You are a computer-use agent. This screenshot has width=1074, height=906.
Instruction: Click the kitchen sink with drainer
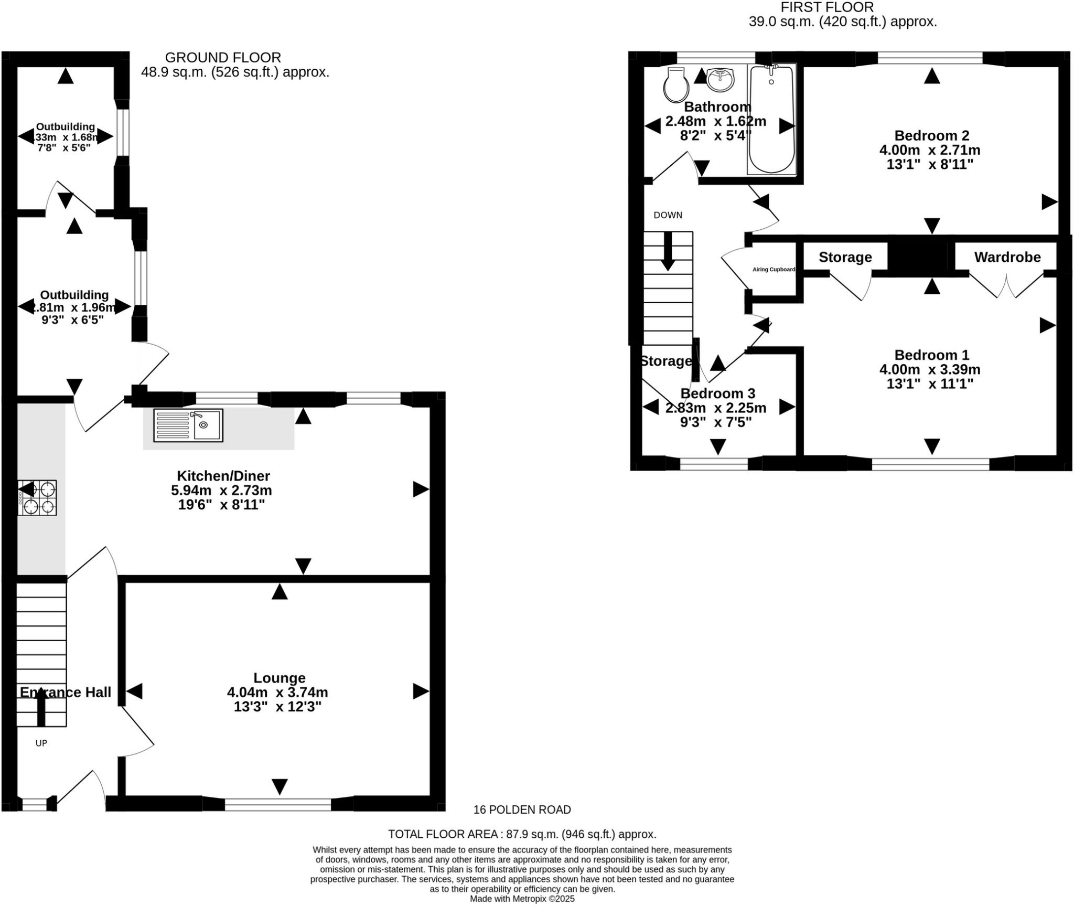pos(188,424)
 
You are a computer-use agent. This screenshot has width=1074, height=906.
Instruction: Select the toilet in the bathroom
pos(675,85)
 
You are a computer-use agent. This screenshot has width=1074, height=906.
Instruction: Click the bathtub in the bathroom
pos(771,119)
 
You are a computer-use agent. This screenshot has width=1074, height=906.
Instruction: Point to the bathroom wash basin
pos(721,79)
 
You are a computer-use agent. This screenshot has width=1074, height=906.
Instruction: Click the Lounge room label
pos(279,678)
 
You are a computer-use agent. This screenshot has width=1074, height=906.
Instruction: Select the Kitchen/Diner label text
pos(223,476)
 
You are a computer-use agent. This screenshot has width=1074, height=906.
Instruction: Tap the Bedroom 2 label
pos(931,136)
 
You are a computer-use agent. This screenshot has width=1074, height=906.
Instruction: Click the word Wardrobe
pos(1007,257)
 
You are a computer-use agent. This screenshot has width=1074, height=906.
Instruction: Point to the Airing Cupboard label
pos(774,270)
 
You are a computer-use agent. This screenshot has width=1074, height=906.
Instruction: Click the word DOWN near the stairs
pos(668,215)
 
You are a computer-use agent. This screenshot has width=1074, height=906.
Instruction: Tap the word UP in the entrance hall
pos(41,743)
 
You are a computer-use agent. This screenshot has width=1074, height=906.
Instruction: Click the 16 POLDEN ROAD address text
pos(522,809)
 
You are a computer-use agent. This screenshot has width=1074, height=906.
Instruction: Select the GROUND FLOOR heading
pos(223,57)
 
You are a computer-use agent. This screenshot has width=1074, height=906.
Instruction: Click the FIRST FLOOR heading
pos(827,7)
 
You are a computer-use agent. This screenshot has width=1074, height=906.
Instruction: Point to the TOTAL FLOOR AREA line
pos(522,834)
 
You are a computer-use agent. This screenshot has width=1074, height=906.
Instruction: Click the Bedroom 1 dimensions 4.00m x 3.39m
pos(929,369)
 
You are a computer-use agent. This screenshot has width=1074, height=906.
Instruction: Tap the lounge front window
pos(278,804)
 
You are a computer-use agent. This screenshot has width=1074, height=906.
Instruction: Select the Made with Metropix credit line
pos(522,899)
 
